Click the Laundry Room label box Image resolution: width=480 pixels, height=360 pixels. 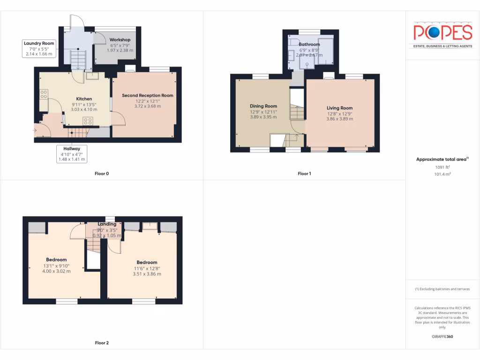(x=39, y=49)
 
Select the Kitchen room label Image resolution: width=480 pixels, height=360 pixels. (x=84, y=99)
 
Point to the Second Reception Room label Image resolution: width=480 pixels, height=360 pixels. (x=148, y=96)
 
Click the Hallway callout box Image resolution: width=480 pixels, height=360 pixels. (x=72, y=154)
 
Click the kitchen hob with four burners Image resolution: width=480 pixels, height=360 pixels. (x=88, y=121)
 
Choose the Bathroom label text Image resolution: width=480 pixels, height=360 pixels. (x=309, y=45)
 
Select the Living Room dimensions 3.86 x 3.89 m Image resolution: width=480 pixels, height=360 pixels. (x=340, y=119)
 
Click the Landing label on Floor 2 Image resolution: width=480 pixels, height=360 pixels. (x=107, y=224)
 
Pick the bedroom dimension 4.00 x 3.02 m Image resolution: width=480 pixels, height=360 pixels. (x=56, y=271)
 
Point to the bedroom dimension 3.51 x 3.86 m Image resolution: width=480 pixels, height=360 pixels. (x=147, y=274)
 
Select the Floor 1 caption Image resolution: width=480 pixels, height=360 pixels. (x=304, y=174)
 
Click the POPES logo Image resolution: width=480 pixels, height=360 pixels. (x=442, y=32)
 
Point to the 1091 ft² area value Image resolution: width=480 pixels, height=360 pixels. (x=442, y=167)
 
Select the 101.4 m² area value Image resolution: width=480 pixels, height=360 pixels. (x=442, y=174)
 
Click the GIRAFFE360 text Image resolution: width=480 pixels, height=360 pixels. (x=442, y=337)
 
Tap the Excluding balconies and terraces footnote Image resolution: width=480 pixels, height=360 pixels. (x=442, y=289)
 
